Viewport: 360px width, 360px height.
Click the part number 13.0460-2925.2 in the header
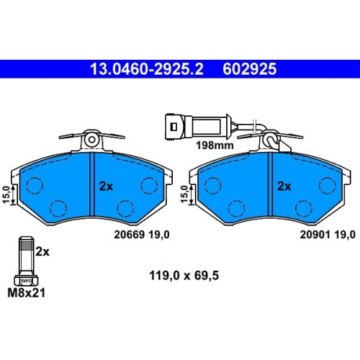[147, 69]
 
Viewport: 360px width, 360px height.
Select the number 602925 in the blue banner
[250, 69]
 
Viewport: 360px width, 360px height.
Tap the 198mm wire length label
[215, 145]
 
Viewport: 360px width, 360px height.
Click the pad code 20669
[130, 235]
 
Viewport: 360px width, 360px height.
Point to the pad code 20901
[315, 235]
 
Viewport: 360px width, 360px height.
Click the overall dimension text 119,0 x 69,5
[184, 276]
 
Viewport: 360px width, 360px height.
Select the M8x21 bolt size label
[27, 293]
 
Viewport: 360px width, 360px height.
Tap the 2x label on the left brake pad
[106, 186]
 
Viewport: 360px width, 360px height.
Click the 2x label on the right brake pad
[284, 186]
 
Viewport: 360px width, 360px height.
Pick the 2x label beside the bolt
[42, 252]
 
